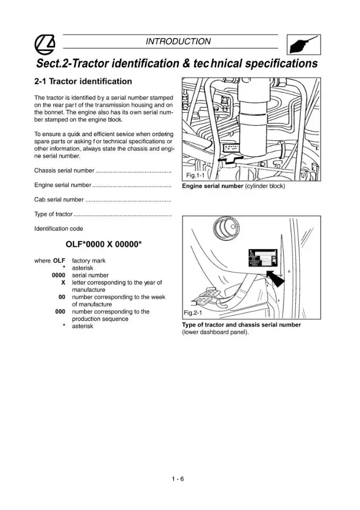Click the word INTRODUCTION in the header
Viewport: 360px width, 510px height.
tap(178, 42)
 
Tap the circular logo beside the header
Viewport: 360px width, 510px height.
tap(44, 44)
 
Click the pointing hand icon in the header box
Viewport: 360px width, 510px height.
tap(303, 45)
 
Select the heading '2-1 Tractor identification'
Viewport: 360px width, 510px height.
tap(83, 81)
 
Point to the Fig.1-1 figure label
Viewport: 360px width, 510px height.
tap(195, 175)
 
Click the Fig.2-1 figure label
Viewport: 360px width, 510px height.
tap(193, 313)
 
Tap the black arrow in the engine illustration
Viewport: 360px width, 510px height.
tap(231, 158)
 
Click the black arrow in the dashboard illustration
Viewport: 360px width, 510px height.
tap(275, 278)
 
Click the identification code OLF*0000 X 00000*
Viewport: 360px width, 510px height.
tap(104, 244)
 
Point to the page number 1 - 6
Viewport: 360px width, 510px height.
tap(178, 479)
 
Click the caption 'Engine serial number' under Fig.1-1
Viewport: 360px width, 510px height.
tap(212, 186)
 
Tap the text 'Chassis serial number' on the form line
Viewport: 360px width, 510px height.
tap(64, 170)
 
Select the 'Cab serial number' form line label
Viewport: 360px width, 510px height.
tap(59, 199)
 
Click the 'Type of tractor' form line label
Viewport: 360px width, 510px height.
tap(54, 214)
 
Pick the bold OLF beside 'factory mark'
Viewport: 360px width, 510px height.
tap(59, 261)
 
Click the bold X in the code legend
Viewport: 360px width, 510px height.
tap(63, 283)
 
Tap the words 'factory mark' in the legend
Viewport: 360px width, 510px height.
tap(89, 261)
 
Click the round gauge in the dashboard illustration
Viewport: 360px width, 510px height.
tap(226, 227)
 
